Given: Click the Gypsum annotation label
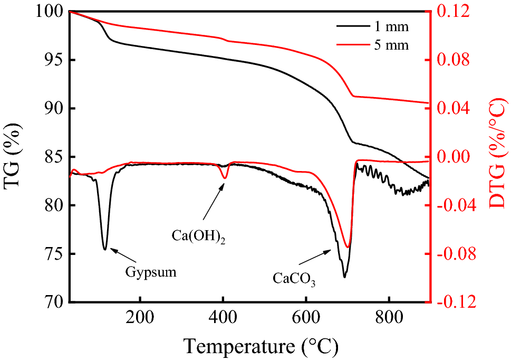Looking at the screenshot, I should [x=151, y=272].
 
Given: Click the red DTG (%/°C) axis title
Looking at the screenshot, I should [x=496, y=157].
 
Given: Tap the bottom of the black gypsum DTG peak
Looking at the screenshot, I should [x=105, y=249].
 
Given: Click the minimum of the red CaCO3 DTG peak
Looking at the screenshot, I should [x=348, y=247].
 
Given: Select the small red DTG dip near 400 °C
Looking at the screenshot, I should [x=225, y=178].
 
